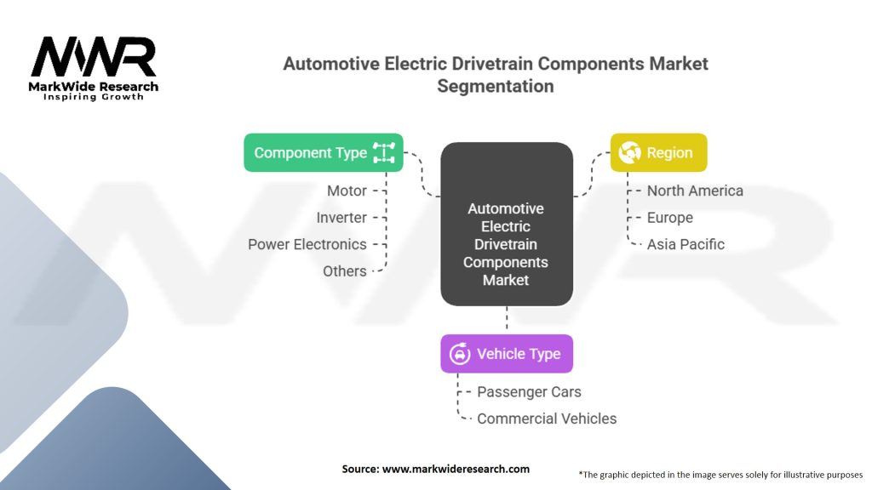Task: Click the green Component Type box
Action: click(324, 153)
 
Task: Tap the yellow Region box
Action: click(658, 153)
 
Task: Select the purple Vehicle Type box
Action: click(507, 354)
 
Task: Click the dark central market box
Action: click(506, 224)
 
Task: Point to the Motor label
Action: click(347, 191)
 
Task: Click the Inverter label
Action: click(341, 218)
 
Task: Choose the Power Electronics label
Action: click(307, 244)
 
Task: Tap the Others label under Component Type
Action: click(345, 271)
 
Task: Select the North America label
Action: click(695, 191)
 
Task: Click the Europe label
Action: click(670, 218)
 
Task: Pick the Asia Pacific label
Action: click(686, 244)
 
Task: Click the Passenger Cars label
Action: click(529, 392)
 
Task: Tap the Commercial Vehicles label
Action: click(547, 419)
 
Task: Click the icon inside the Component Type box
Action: click(384, 153)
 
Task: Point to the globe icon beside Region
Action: click(630, 153)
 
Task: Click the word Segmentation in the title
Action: click(495, 86)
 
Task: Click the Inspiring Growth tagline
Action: click(94, 97)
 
